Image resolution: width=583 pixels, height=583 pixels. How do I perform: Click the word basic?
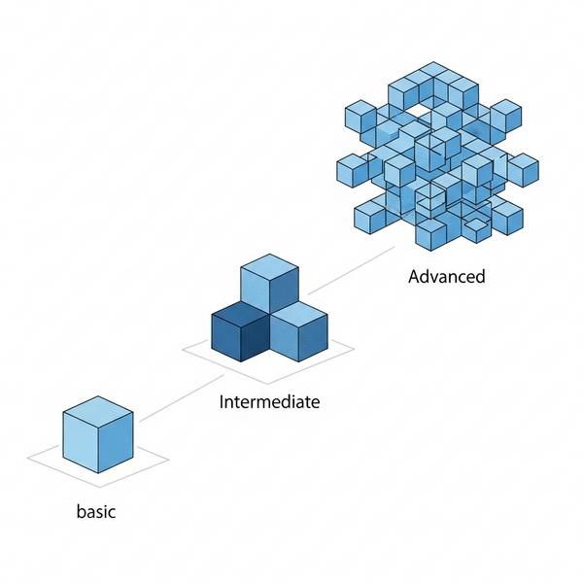pos(96,511)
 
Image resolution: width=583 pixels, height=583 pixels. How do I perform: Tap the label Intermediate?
pos(269,402)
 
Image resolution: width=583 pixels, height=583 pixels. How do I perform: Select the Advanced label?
pos(447,277)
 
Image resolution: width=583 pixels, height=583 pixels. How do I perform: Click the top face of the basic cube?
pos(98,412)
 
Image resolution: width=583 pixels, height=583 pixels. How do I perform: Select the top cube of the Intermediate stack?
pos(269,284)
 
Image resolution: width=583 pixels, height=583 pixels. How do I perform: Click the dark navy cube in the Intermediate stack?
pos(241,331)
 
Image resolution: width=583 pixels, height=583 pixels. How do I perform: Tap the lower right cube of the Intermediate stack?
pos(298,331)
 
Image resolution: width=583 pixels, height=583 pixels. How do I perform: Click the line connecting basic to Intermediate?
pos(182,398)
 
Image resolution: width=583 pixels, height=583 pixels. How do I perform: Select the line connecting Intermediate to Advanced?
pos(352,270)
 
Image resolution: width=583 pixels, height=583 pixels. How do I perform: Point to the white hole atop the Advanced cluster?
pos(417,109)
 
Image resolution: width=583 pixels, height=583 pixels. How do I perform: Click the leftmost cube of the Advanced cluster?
pos(353,170)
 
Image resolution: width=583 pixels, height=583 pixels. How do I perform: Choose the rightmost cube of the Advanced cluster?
pos(523,170)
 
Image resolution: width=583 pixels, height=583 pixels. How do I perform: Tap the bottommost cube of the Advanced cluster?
pos(430,235)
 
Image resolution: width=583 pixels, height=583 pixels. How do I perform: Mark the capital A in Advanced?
pos(414,277)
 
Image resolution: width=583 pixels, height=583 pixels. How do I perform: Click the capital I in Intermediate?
pos(222,401)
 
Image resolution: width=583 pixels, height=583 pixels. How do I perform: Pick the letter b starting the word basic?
pos(81,511)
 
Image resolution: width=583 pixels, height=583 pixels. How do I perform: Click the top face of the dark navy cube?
pos(241,315)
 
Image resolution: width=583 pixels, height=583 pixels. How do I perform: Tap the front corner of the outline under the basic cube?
pos(100,487)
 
